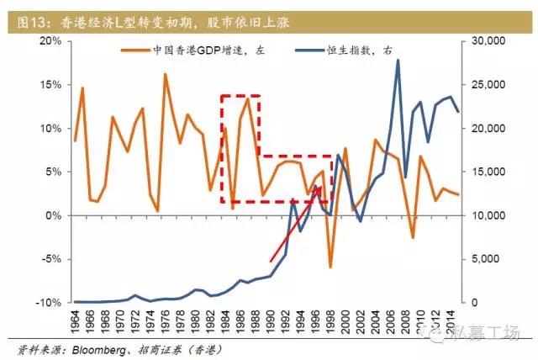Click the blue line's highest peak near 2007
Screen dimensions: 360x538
[x=398, y=60]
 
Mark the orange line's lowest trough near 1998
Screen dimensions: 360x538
[x=330, y=267]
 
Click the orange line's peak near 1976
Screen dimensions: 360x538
[x=165, y=74]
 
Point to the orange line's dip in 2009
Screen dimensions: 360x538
[x=413, y=237]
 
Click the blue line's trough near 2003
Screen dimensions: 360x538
[x=361, y=221]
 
